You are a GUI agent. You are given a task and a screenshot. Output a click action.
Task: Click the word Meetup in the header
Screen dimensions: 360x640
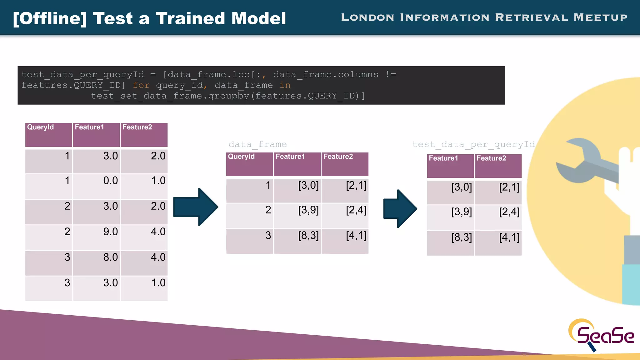[600, 17]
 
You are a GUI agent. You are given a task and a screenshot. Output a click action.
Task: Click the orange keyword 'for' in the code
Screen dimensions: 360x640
[141, 85]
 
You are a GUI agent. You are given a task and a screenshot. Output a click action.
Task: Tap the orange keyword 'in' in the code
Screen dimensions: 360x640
[285, 85]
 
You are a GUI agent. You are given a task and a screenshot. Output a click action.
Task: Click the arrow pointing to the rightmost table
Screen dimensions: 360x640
[400, 208]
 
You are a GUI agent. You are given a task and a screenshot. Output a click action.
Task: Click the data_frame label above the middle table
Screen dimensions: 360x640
[257, 144]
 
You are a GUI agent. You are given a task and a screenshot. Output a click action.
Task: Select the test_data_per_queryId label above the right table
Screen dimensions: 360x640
[473, 144]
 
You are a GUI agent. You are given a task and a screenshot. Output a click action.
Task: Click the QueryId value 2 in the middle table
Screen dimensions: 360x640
[268, 210]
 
